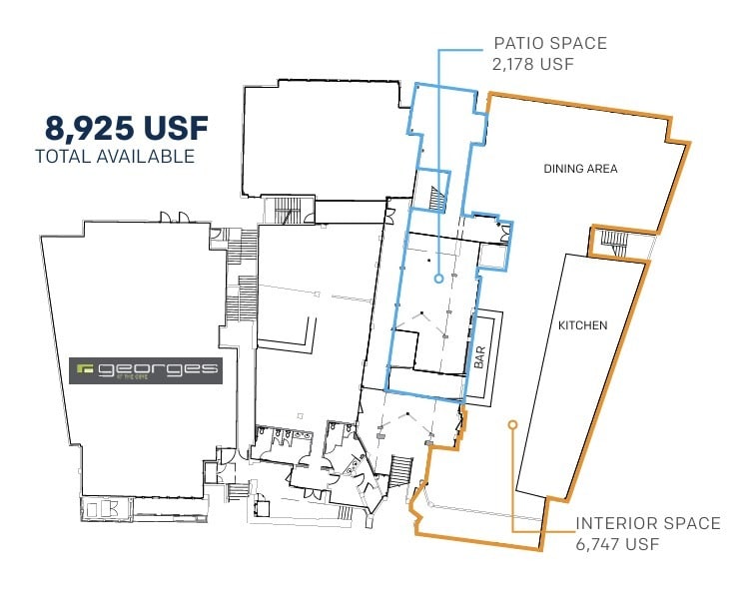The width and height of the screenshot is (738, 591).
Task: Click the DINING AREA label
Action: click(580, 169)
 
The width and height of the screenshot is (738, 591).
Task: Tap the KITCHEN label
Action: click(582, 325)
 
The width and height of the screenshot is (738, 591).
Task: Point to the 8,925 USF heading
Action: click(126, 129)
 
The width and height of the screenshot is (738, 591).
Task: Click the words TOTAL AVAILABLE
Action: click(114, 156)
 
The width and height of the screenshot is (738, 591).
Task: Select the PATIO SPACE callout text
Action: click(550, 44)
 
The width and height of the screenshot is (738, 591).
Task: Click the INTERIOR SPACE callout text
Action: click(647, 523)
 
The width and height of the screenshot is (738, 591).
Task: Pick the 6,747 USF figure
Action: click(617, 544)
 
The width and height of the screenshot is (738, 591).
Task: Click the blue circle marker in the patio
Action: click(437, 281)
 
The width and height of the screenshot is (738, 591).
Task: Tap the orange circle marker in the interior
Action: click(512, 424)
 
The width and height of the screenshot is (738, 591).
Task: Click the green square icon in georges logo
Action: click(86, 369)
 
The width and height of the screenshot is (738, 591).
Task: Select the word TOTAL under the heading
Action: click(62, 156)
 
